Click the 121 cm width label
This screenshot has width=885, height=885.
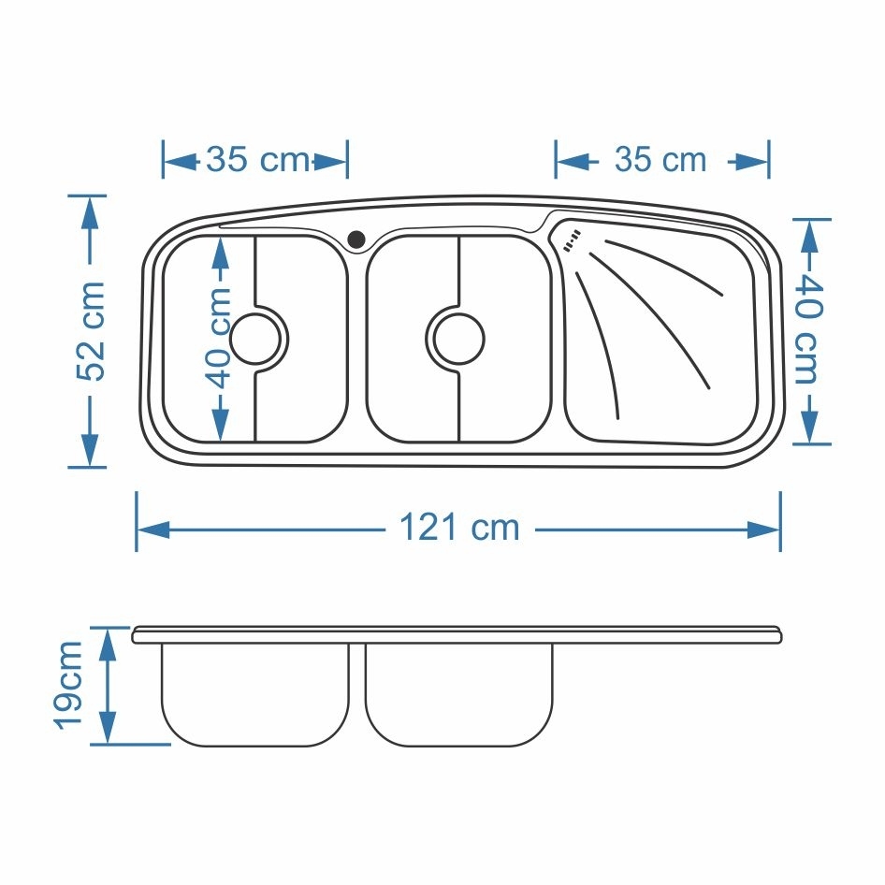click(458, 528)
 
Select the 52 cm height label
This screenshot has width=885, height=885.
click(91, 331)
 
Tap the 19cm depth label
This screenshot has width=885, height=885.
click(69, 685)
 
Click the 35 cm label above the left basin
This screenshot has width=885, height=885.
click(257, 159)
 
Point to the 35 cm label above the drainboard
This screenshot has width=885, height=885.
click(660, 159)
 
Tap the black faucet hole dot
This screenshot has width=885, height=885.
click(356, 239)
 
